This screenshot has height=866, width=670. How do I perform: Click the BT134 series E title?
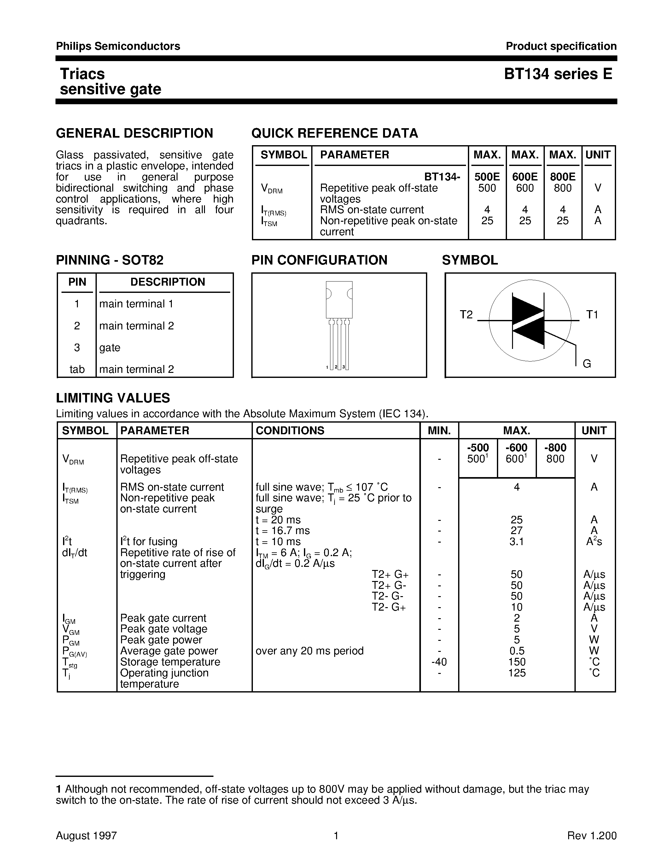coord(558,74)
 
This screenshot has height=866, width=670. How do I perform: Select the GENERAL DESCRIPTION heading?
coord(135,133)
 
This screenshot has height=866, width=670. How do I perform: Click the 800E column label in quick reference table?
coord(562,177)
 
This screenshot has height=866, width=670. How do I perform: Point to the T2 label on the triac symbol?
coord(466,315)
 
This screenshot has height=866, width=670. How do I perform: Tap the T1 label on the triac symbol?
coord(592,315)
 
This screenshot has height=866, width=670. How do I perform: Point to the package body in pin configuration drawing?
coord(339,299)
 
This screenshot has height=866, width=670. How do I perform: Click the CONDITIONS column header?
coord(290,430)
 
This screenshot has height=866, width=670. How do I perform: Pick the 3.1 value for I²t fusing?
coord(516,542)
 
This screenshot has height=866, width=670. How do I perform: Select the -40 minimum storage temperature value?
coord(439,662)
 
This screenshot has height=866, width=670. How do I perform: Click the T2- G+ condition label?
coord(388,607)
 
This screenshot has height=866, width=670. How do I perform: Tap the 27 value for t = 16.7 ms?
coord(516,531)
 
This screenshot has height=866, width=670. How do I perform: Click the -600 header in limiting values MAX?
coord(516,448)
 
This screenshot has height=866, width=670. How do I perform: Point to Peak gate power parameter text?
coord(161,640)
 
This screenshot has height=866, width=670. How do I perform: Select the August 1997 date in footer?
coord(86,835)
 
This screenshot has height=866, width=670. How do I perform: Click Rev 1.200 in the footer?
coord(592,835)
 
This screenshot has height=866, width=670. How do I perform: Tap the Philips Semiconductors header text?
coord(118,46)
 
